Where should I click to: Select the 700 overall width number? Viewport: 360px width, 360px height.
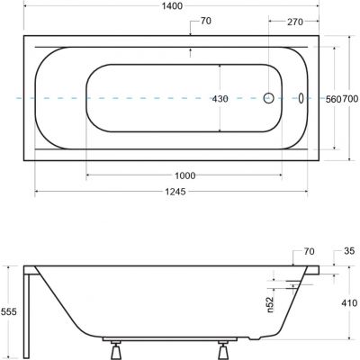[x=352, y=99]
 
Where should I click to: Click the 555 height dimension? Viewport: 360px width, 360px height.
[x=8, y=310]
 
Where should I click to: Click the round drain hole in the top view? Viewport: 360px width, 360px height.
[x=269, y=99]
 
